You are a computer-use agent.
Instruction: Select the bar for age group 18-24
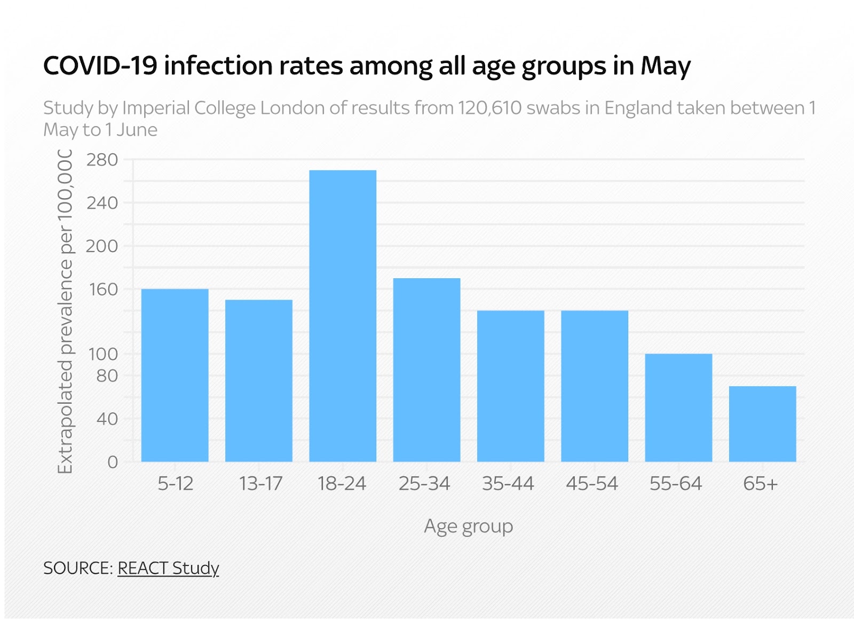click(x=343, y=316)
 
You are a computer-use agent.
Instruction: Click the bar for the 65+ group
click(x=762, y=424)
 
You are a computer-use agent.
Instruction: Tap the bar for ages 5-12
click(x=175, y=375)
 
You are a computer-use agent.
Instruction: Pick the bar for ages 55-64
click(x=678, y=408)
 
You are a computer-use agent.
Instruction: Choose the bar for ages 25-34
click(x=426, y=370)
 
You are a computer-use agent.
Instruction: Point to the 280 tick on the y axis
click(x=102, y=160)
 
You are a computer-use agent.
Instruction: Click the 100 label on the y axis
click(x=103, y=354)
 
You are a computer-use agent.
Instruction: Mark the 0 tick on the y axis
click(x=112, y=462)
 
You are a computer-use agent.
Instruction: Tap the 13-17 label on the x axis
click(x=260, y=484)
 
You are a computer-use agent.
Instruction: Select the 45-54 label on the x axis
click(x=592, y=484)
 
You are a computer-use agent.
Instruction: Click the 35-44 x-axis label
click(x=508, y=484)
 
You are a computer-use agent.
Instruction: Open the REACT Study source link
click(x=168, y=568)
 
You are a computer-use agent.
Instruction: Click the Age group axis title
click(x=469, y=527)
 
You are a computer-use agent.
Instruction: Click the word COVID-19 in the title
click(x=100, y=66)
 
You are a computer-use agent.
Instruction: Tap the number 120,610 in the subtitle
click(x=489, y=108)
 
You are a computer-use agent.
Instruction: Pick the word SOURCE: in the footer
click(x=78, y=568)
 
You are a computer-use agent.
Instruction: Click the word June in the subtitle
click(x=137, y=130)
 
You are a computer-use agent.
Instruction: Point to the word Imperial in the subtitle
click(x=156, y=108)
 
